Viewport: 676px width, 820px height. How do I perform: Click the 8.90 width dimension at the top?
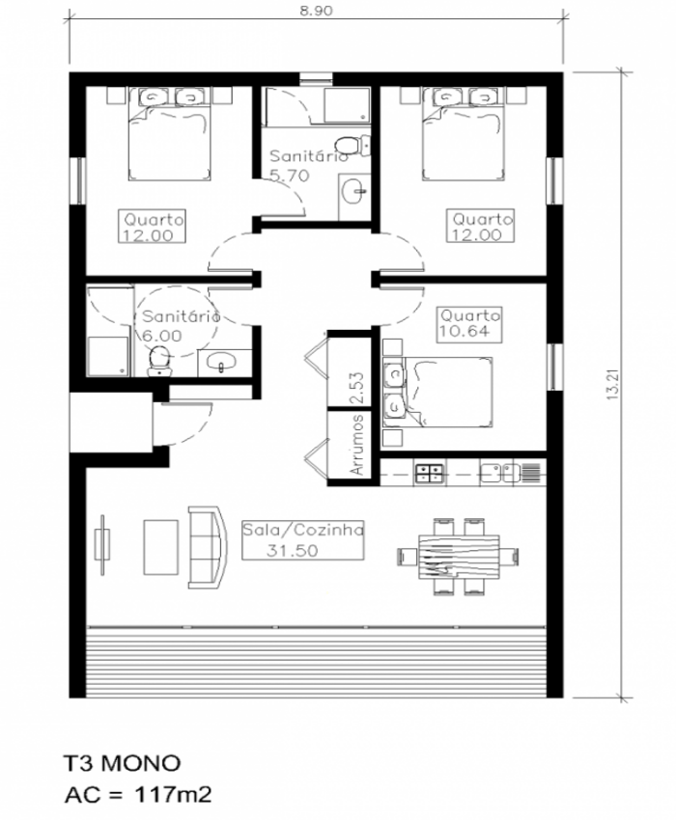(316, 11)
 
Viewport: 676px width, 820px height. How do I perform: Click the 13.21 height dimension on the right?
(613, 385)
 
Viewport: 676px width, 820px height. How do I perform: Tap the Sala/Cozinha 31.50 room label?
(302, 540)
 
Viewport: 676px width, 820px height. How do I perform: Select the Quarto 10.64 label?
(469, 324)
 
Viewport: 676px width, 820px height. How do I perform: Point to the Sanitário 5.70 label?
(308, 166)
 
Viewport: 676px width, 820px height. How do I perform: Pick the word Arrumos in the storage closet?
(357, 445)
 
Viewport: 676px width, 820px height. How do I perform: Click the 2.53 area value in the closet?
(357, 388)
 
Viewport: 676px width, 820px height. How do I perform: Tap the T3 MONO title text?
(122, 763)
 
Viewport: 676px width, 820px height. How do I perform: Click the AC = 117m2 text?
(138, 795)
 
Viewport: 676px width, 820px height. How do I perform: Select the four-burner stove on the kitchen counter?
(429, 473)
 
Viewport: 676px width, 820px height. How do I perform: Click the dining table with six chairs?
(458, 556)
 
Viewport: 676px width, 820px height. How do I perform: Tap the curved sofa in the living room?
(208, 547)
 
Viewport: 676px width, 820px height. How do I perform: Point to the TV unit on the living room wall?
(102, 545)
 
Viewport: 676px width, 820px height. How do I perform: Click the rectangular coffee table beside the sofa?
(160, 546)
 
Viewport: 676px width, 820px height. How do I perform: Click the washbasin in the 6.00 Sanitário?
(221, 362)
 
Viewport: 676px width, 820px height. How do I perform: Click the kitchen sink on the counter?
(500, 472)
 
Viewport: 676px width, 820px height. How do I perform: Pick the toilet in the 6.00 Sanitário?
(160, 362)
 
